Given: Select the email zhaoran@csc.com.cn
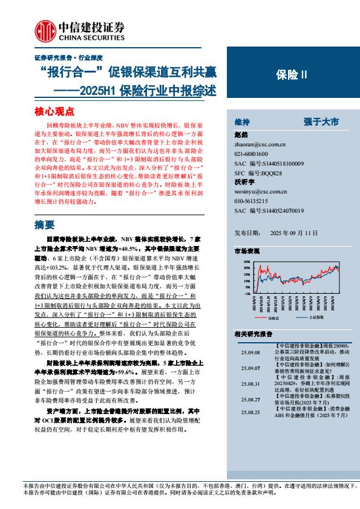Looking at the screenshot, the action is coord(260,144).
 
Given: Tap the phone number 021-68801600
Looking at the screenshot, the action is coord(253,154).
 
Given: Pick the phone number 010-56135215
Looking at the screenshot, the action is coord(253,201).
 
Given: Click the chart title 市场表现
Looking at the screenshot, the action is coord(246,250).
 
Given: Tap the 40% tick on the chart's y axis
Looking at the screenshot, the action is coord(246,262).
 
